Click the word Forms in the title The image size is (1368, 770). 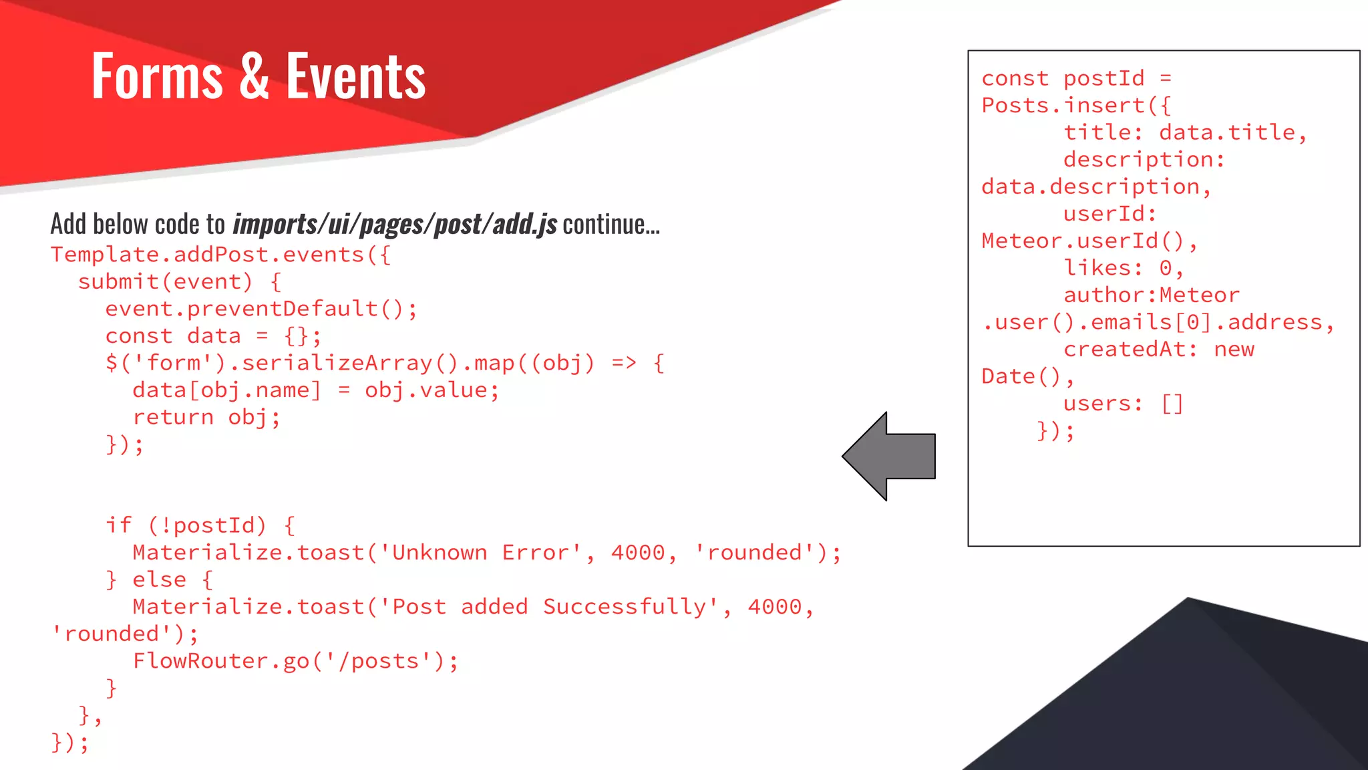tap(157, 76)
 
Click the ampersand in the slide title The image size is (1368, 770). tap(254, 76)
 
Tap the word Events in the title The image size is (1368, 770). tap(355, 76)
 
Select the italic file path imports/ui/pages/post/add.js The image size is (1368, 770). tap(394, 225)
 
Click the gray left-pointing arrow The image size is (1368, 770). tap(888, 457)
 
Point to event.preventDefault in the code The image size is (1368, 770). tap(242, 309)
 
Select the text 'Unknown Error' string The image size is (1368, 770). tap(481, 553)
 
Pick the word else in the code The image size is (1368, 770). tap(159, 580)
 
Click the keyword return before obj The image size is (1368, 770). tap(172, 417)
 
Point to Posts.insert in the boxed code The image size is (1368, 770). tap(1063, 106)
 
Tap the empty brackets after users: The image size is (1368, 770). tap(1172, 404)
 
